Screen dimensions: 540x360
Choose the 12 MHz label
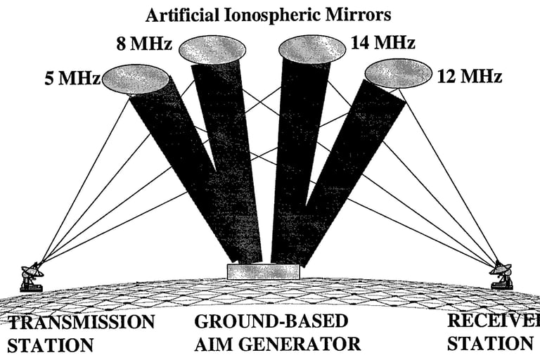coord(468,76)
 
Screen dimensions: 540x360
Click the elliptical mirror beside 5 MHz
coord(136,79)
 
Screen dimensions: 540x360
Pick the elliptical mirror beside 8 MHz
coord(212,49)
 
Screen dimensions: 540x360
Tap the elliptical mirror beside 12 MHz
coord(397,73)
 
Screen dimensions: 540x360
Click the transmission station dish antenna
coord(31,276)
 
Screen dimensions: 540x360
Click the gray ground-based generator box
coord(263,271)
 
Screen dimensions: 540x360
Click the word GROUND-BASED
coord(271,322)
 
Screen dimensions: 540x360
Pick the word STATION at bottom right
coord(489,344)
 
